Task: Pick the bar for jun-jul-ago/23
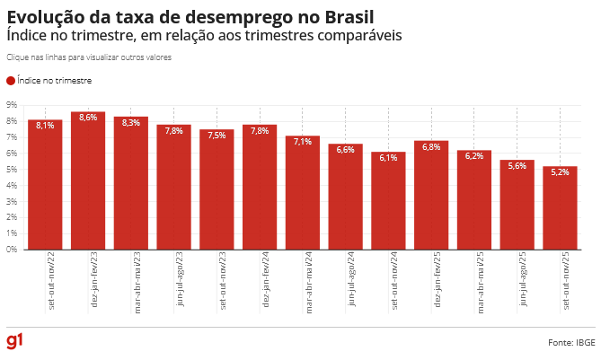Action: pos(174,188)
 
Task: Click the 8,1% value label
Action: pos(45,126)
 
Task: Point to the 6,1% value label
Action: pos(388,158)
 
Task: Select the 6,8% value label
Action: pos(431,146)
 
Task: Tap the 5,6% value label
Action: pos(517,166)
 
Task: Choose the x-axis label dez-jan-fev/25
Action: pos(437,281)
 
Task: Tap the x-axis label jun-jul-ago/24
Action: pos(351,281)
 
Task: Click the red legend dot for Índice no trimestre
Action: pos(10,81)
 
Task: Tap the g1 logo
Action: pos(14,341)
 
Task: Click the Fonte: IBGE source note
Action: pos(571,342)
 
